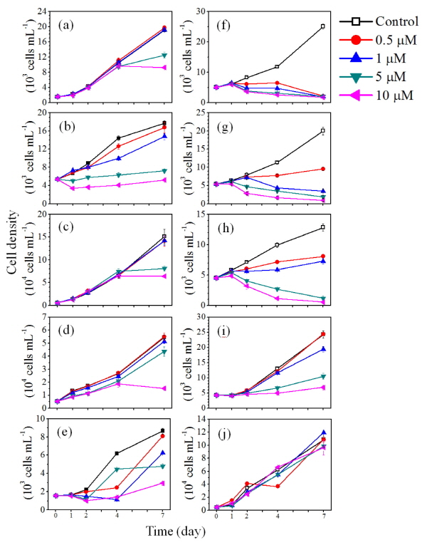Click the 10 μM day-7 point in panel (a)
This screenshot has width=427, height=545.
click(164, 68)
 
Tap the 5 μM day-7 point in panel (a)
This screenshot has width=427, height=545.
click(164, 55)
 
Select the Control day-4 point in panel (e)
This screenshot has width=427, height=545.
click(116, 453)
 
